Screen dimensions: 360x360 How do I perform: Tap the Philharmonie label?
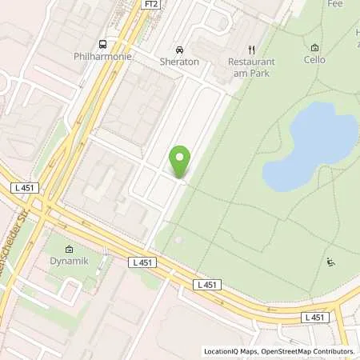tap(102, 58)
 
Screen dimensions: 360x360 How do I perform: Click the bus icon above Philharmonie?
tap(102, 44)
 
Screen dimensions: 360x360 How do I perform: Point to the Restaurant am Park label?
tap(251, 67)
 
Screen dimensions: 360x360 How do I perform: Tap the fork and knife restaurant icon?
tap(251, 49)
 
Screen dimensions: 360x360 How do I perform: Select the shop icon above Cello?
tap(314, 47)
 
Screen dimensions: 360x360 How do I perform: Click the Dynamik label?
tap(69, 261)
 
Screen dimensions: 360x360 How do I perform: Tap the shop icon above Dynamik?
tap(69, 249)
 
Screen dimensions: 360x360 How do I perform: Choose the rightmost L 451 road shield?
tap(315, 318)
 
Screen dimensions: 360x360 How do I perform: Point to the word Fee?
tap(335, 4)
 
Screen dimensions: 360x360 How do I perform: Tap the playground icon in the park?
tap(330, 262)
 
